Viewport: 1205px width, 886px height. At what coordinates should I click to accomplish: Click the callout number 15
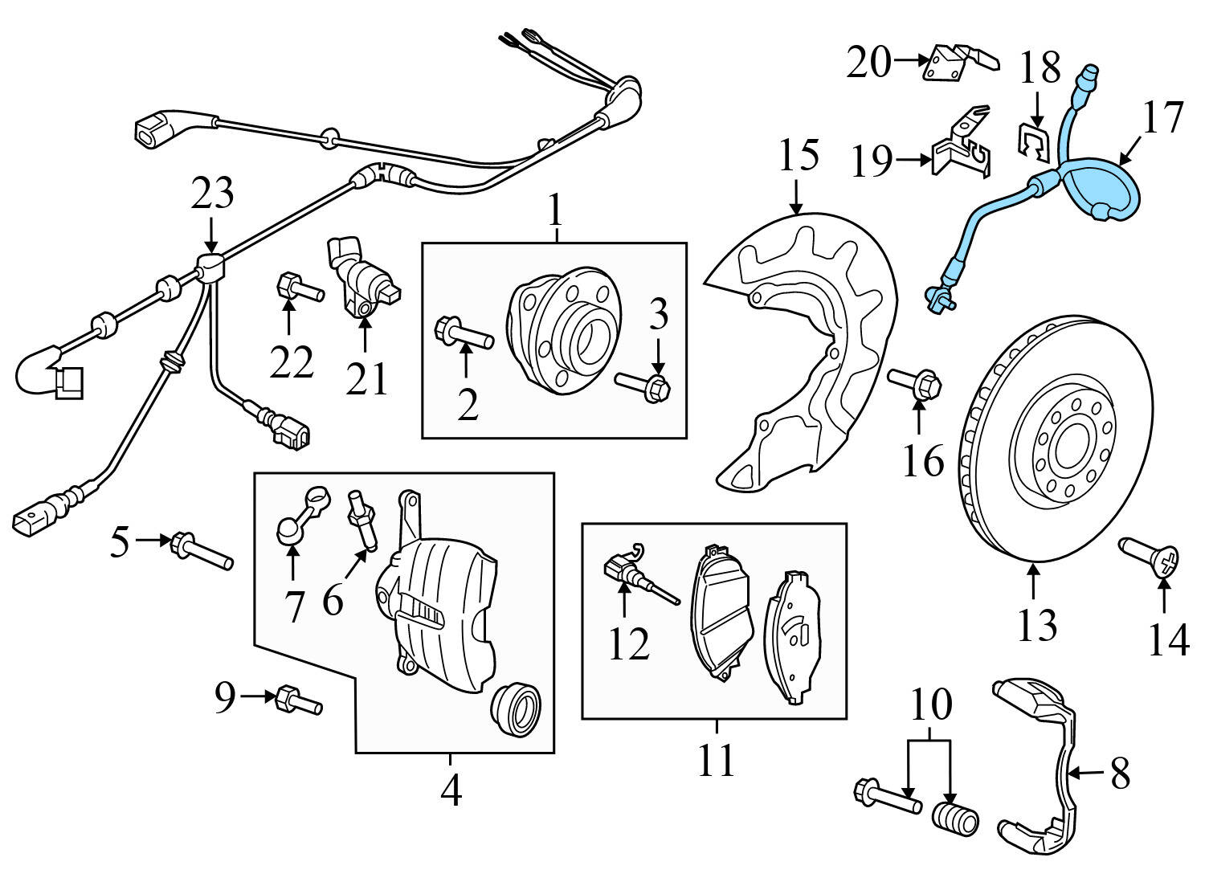tap(799, 154)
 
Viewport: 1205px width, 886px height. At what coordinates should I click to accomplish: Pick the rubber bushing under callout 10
tap(955, 819)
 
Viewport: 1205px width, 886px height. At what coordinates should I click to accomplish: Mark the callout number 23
tap(212, 194)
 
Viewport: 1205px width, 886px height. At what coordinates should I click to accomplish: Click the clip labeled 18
tap(1037, 141)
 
